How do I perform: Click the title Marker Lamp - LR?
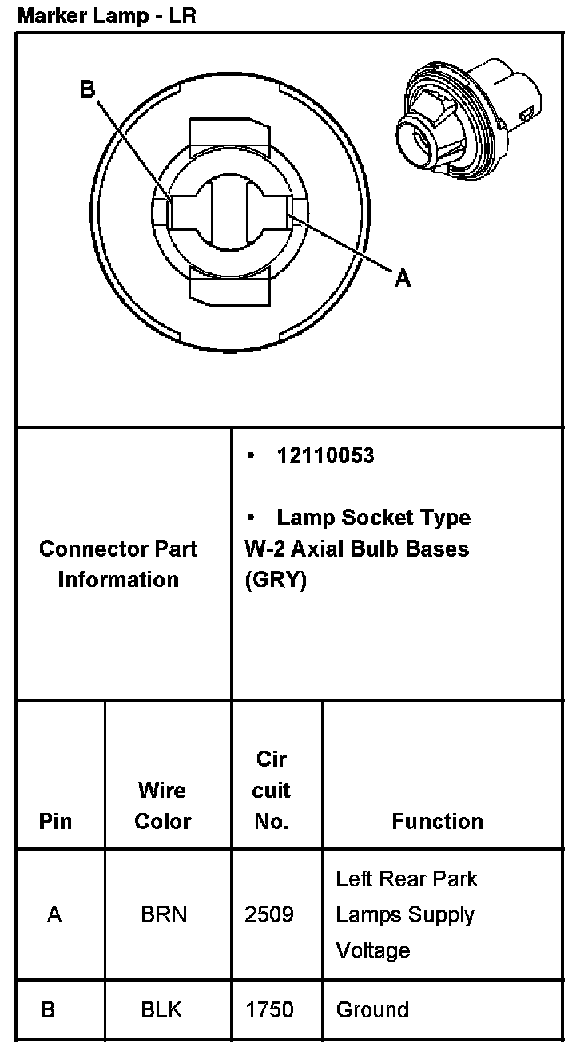point(106,15)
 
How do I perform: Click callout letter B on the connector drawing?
point(87,90)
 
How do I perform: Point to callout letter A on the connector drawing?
point(403,277)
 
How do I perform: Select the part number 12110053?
point(325,455)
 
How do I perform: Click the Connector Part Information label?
point(118,564)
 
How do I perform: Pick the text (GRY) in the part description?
point(276,581)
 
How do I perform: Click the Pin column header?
point(55,821)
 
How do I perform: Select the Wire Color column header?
point(162,805)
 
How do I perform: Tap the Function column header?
point(437,821)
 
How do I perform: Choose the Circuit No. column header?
point(272,790)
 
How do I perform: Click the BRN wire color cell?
point(164,914)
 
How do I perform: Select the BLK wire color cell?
point(161,1009)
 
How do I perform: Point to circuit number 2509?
point(268,914)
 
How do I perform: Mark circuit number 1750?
point(269,1009)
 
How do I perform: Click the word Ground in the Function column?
point(372,1009)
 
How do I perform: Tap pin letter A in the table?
point(54,914)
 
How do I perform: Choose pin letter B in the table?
point(48,1009)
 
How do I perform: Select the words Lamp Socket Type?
point(373,518)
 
